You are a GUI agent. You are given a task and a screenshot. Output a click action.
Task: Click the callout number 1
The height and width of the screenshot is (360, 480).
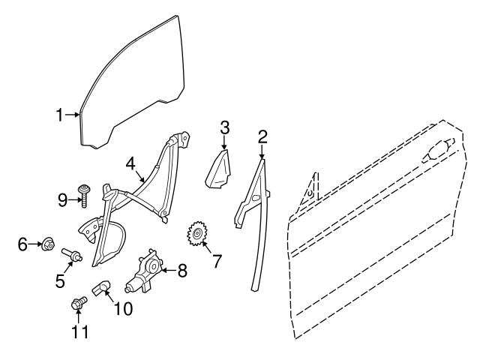point(59,115)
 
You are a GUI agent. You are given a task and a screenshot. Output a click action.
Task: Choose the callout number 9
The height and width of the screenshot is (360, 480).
point(63,199)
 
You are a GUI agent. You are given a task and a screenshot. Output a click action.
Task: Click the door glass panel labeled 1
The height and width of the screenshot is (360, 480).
point(127,75)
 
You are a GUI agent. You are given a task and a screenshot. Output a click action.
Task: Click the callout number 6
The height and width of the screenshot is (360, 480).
point(22,243)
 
